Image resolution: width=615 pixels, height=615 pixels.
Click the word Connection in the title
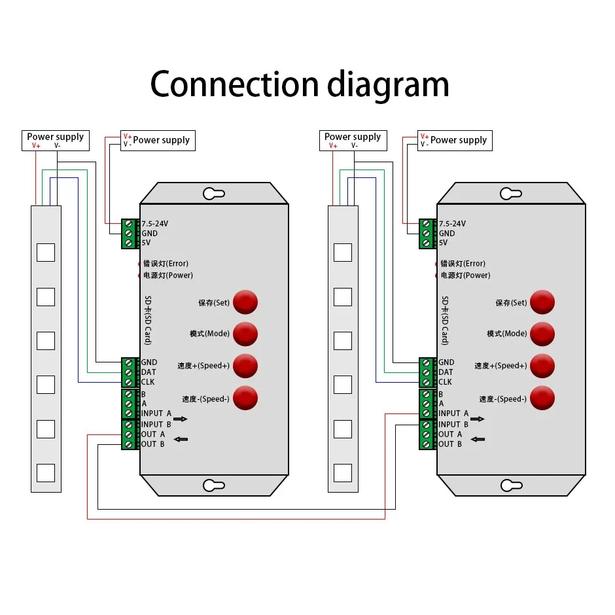click(x=234, y=84)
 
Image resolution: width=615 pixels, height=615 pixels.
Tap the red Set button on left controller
click(x=245, y=302)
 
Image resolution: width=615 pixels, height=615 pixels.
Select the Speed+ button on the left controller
click(x=245, y=366)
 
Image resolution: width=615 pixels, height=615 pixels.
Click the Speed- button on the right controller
click(x=542, y=398)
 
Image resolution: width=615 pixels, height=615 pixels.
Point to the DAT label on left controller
click(x=149, y=372)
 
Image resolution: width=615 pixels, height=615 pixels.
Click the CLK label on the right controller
click(x=445, y=382)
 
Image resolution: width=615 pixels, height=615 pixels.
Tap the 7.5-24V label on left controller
click(x=156, y=224)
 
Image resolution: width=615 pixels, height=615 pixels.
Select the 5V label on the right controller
click(x=443, y=243)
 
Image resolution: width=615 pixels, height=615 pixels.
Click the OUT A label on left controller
click(x=153, y=434)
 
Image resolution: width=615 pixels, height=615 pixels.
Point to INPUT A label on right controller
click(x=453, y=413)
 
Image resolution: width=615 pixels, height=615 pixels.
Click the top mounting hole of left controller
click(x=214, y=194)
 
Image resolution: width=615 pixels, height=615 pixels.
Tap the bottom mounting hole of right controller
click(x=511, y=485)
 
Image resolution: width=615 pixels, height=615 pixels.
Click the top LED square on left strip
click(x=46, y=253)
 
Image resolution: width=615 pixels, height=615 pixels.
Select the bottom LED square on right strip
click(x=343, y=472)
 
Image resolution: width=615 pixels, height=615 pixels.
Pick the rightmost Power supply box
click(x=455, y=141)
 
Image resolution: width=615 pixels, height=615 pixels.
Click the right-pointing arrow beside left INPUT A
click(x=180, y=419)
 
